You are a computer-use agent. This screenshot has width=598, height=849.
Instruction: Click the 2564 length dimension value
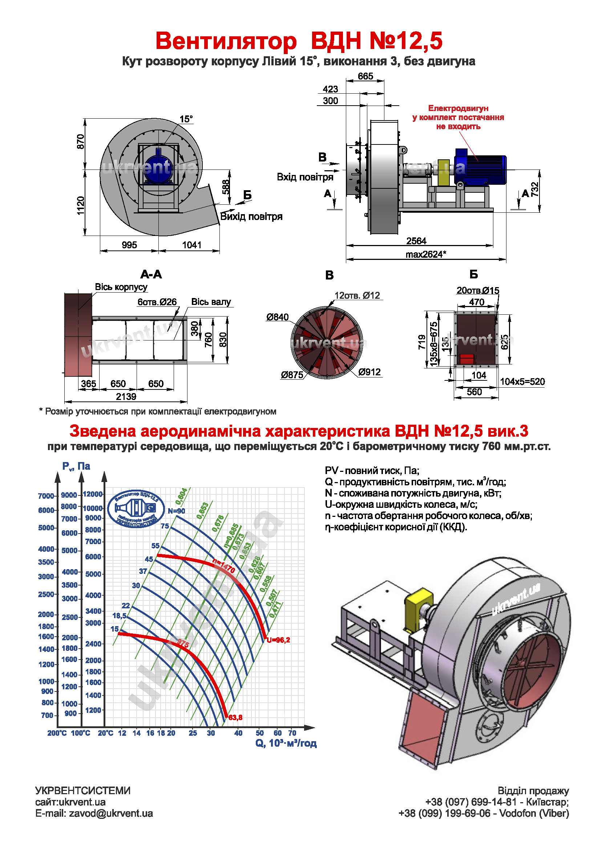pos(416,241)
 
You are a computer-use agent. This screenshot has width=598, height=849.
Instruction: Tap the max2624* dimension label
pos(426,254)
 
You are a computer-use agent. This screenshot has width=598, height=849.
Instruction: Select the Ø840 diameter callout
pos(277,317)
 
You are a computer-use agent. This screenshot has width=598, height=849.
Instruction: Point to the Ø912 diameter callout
pos(369,372)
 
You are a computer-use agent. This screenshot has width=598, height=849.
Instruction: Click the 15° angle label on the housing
pos(186,119)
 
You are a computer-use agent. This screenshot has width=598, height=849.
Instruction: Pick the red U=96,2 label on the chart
pos(278,640)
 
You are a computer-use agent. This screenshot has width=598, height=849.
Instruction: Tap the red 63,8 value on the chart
pos(235,717)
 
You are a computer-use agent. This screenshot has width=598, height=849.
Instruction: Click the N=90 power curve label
pos(176,511)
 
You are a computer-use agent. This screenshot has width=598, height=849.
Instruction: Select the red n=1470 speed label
pos(223,566)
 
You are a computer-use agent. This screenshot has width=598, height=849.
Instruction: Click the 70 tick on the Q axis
pos(292,733)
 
